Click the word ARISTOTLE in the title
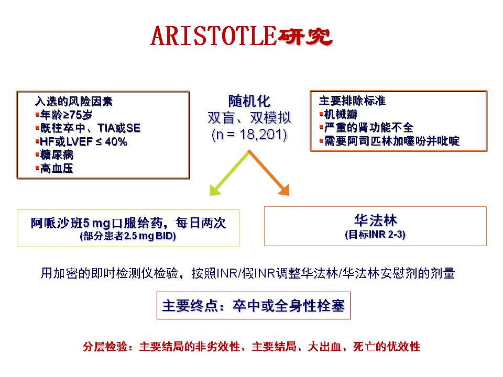(213, 36)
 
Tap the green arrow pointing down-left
(229, 173)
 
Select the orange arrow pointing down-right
(269, 173)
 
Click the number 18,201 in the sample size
(263, 135)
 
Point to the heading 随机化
(249, 101)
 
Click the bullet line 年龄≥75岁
(64, 115)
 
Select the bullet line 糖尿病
(54, 155)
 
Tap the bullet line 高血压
(54, 168)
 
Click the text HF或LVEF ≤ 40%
(83, 141)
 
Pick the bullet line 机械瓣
(338, 114)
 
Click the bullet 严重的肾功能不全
(366, 128)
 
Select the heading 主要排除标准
(352, 101)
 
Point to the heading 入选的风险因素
(74, 101)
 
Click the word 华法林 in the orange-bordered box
(375, 220)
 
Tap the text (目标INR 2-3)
(375, 235)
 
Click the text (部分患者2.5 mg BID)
(128, 236)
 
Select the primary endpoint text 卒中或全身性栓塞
(289, 305)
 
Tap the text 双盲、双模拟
(249, 118)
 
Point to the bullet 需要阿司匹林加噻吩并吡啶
(389, 141)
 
